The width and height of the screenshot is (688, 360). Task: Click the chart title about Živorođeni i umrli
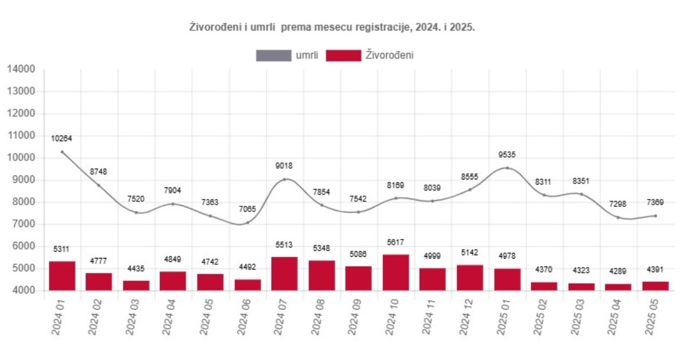point(332,27)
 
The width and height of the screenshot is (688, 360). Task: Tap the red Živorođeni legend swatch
point(343,56)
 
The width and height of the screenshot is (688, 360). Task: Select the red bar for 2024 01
point(62,276)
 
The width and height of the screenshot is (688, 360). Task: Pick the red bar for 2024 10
point(396,272)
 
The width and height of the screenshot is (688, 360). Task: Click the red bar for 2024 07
point(284,273)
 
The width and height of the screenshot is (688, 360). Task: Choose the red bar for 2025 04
point(618,287)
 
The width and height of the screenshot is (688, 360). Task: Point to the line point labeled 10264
point(62,152)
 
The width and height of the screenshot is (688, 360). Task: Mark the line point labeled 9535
point(507,168)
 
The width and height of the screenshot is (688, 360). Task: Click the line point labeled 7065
point(248,222)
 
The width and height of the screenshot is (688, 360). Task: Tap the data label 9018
point(284,166)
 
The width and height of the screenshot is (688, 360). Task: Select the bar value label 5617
point(396,242)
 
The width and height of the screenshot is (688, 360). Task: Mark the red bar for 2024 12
point(470,277)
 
